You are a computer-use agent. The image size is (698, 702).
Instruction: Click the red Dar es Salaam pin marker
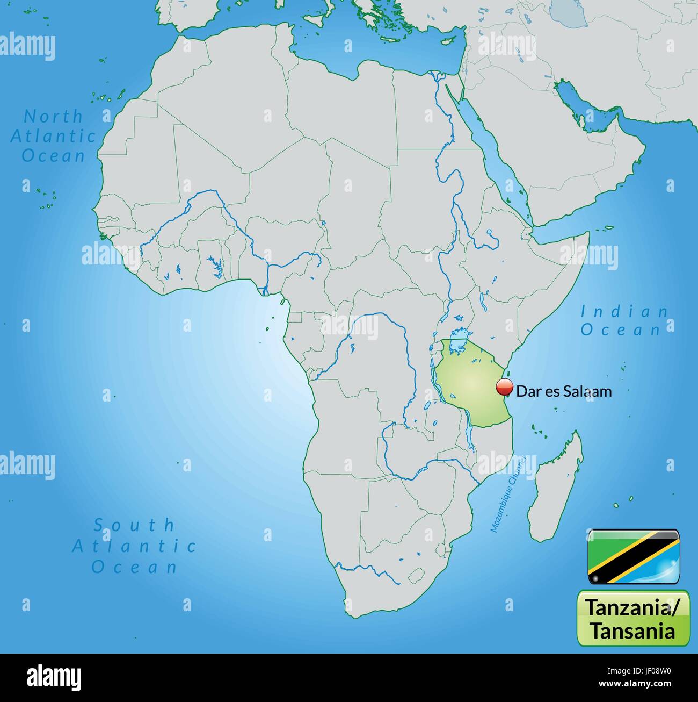pyautogui.click(x=504, y=387)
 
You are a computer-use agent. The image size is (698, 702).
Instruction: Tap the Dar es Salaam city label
pyautogui.click(x=564, y=391)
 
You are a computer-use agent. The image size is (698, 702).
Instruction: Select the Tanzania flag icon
pyautogui.click(x=634, y=557)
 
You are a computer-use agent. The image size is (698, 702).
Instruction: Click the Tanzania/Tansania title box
pyautogui.click(x=634, y=618)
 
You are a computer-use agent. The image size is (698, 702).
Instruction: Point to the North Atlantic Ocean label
pyautogui.click(x=53, y=136)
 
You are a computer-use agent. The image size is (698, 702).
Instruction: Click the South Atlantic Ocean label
pyautogui.click(x=134, y=546)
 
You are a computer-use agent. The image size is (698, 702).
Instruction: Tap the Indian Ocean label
pyautogui.click(x=624, y=320)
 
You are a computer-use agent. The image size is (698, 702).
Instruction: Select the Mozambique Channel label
pyautogui.click(x=507, y=493)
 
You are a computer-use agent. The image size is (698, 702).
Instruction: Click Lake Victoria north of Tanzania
pyautogui.click(x=458, y=341)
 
